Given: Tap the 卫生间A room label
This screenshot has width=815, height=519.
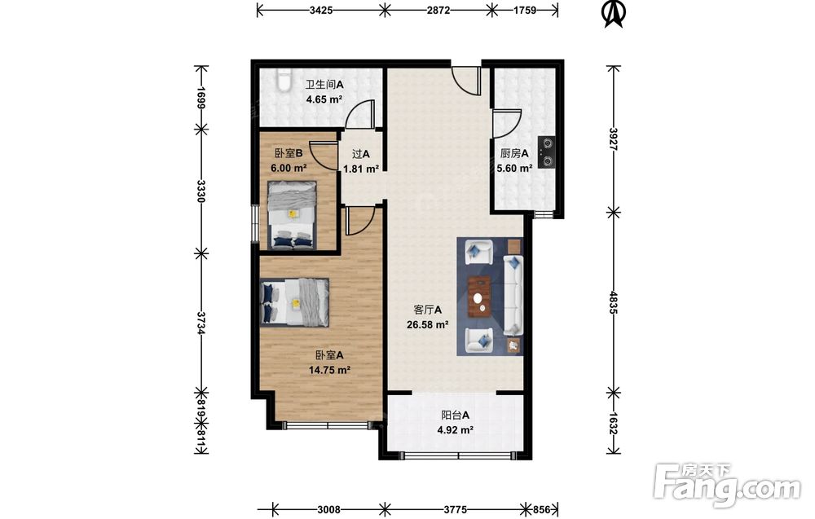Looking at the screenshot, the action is (324, 84).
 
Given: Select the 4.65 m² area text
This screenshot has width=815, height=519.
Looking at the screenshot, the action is (324, 99).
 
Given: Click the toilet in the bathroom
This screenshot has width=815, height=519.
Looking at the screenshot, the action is (284, 80).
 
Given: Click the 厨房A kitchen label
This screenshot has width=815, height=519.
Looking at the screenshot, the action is (514, 153).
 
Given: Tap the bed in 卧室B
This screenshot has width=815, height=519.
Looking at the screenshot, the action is (292, 214).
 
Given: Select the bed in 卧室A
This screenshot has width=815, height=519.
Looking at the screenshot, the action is (295, 301).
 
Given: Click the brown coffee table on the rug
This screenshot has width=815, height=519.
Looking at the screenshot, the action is (479, 296).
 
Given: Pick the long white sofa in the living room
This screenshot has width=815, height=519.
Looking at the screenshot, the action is (513, 295).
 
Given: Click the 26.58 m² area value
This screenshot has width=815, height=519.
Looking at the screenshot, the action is (427, 325).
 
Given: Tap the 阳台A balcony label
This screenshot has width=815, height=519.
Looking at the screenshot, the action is (455, 415).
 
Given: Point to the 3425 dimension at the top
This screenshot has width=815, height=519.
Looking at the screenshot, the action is (320, 9).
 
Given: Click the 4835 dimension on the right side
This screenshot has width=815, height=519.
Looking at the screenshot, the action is (614, 302).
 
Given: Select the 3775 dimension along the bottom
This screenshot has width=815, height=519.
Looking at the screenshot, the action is (455, 510).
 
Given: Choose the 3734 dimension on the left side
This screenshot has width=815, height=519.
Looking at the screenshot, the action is (201, 322).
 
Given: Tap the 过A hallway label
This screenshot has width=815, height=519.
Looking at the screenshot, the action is (361, 154).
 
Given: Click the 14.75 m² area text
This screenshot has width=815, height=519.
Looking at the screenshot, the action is (329, 370).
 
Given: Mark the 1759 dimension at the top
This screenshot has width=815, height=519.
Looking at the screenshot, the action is (525, 9).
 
